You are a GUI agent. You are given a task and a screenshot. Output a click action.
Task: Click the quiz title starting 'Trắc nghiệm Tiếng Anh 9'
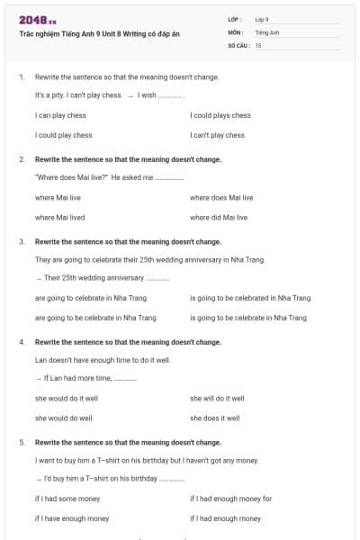(100, 33)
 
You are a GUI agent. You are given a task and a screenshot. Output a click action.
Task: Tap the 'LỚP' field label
(234, 19)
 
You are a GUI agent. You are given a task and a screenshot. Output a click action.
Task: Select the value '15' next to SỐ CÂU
(258, 44)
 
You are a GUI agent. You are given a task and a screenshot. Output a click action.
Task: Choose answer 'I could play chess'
(63, 135)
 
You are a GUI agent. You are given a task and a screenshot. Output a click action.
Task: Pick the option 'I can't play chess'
(217, 135)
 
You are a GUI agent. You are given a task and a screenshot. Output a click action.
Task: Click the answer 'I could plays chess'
(220, 115)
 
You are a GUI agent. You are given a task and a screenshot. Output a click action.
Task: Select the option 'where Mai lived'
(60, 217)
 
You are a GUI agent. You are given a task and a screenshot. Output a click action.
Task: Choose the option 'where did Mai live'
(219, 217)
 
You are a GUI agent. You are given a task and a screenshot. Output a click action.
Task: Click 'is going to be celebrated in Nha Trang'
(250, 297)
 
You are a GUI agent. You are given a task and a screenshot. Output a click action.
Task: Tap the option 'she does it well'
(214, 418)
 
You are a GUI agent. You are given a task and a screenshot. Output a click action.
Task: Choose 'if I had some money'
(67, 499)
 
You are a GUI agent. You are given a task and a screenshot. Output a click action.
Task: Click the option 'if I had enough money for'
(230, 499)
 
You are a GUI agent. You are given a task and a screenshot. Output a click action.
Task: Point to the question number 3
(22, 242)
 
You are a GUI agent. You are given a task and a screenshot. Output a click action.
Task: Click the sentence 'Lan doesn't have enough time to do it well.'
(103, 359)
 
